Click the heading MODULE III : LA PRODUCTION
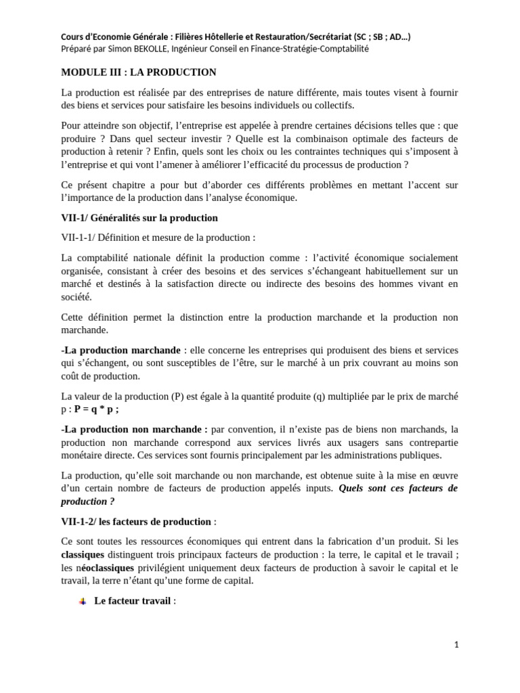click(x=138, y=72)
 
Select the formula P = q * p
click(x=96, y=409)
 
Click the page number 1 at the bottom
click(x=456, y=645)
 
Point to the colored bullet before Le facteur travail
click(x=83, y=601)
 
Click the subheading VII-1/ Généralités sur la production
click(x=139, y=218)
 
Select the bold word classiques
click(x=82, y=554)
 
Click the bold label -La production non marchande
click(x=133, y=429)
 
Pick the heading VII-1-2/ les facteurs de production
click(x=136, y=521)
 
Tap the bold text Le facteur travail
click(x=133, y=601)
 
